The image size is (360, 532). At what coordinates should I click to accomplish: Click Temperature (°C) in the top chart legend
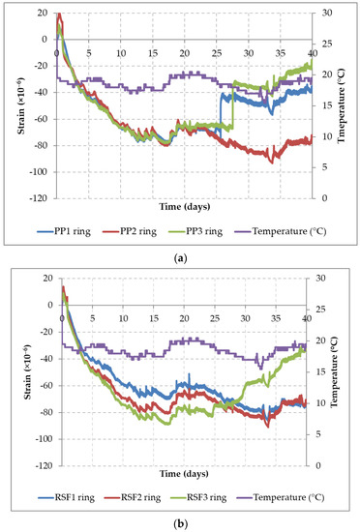287,232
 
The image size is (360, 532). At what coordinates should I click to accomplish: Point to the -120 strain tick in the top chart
43,198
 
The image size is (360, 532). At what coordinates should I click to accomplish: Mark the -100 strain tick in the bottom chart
43,439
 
